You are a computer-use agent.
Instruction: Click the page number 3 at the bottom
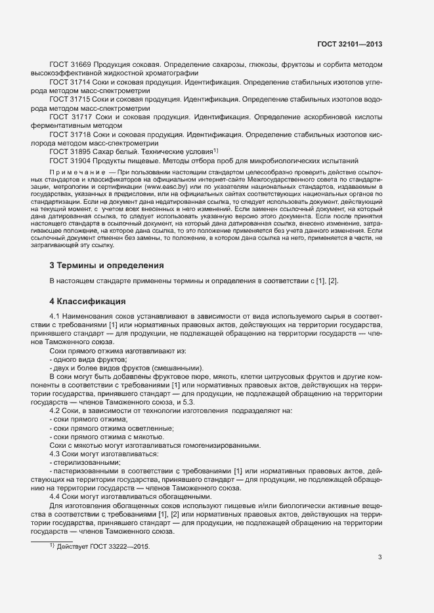(x=380, y=557)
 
